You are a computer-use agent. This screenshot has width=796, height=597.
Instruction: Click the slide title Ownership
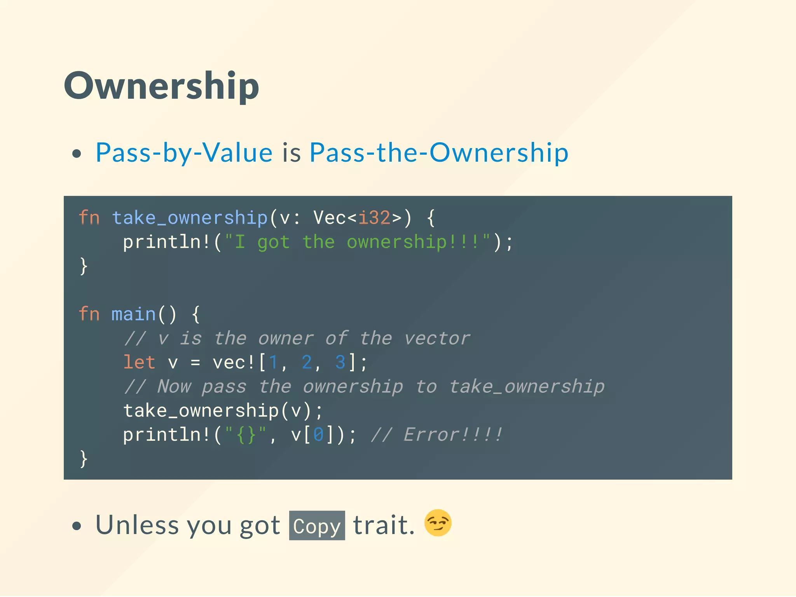(x=161, y=86)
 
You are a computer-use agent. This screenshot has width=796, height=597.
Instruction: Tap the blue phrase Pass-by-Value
(x=184, y=152)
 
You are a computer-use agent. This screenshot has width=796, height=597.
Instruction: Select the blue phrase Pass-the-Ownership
(x=439, y=152)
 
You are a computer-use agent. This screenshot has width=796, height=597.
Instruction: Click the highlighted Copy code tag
(x=317, y=526)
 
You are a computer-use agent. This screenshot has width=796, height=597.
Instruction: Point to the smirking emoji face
(x=438, y=523)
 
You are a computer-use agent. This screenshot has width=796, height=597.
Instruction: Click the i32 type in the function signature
(x=374, y=218)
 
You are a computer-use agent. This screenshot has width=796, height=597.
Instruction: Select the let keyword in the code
(x=139, y=363)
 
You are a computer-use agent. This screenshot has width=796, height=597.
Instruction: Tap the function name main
(x=133, y=314)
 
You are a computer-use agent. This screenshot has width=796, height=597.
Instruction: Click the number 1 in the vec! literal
(x=273, y=363)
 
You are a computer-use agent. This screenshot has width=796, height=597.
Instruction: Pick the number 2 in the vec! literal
(x=307, y=363)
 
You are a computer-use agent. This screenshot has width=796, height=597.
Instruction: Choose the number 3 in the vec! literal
(x=340, y=363)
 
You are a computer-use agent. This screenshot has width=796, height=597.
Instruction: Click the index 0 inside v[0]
(x=318, y=435)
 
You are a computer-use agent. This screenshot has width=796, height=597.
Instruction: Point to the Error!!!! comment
(x=453, y=435)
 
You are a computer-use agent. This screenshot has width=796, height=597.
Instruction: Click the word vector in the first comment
(x=437, y=339)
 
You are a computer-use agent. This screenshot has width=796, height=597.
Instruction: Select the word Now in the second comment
(x=174, y=387)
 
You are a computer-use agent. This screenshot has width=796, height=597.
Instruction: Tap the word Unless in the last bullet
(x=136, y=525)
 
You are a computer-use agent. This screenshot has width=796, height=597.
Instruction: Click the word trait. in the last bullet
(x=384, y=525)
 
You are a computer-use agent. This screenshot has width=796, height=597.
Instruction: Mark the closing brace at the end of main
(x=84, y=459)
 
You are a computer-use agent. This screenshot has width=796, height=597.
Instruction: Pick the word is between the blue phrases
(x=292, y=152)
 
